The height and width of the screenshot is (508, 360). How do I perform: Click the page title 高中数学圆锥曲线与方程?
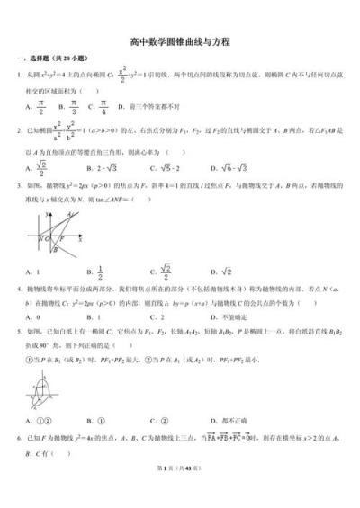[x=180, y=42]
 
